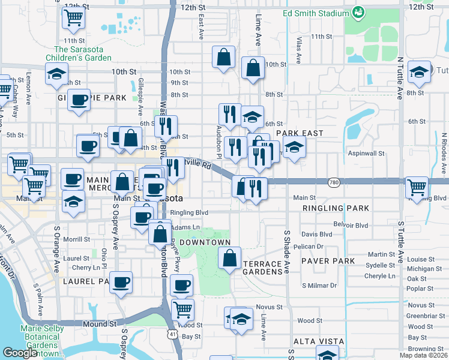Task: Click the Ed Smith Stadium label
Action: pyautogui.click(x=316, y=13)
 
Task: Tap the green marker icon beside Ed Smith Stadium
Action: pyautogui.click(x=358, y=11)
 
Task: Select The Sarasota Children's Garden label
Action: pyautogui.click(x=83, y=53)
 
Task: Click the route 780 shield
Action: pyautogui.click(x=336, y=181)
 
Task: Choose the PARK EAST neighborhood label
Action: pyautogui.click(x=300, y=133)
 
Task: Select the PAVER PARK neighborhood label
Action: pyautogui.click(x=328, y=262)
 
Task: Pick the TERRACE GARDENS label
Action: pyautogui.click(x=262, y=268)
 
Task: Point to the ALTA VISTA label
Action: pyautogui.click(x=318, y=341)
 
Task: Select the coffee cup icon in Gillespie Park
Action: pyautogui.click(x=78, y=100)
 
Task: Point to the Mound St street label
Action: pyautogui.click(x=99, y=324)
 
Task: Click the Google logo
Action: pyautogui.click(x=20, y=353)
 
